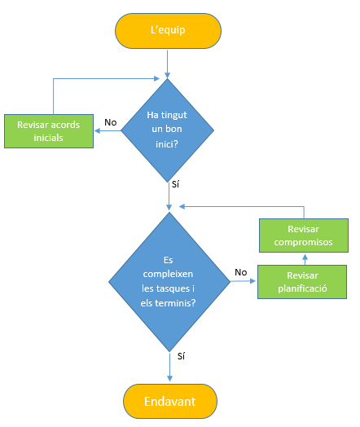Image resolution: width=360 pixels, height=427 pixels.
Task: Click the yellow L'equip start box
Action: (x=168, y=31)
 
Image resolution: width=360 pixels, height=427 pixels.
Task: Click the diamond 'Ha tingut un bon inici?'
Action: (x=168, y=129)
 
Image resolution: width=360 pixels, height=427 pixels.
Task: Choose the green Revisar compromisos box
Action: (x=303, y=236)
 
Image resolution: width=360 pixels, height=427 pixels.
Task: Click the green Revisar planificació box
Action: (x=303, y=282)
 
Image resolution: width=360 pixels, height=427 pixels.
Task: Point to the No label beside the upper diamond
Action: (x=110, y=122)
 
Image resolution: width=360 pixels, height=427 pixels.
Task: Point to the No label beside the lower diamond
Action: (x=240, y=272)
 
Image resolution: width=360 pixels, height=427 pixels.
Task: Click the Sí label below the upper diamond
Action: (x=175, y=184)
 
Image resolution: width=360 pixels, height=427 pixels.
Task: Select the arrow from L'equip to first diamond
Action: (x=168, y=64)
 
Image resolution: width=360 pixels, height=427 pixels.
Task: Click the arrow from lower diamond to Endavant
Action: (x=169, y=365)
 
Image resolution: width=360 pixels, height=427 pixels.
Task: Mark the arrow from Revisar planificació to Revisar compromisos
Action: (x=303, y=259)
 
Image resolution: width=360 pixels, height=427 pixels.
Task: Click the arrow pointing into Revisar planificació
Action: (x=243, y=281)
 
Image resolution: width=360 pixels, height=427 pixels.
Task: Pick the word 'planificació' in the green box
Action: (x=303, y=288)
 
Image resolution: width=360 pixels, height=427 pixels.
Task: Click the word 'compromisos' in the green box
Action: (x=303, y=242)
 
